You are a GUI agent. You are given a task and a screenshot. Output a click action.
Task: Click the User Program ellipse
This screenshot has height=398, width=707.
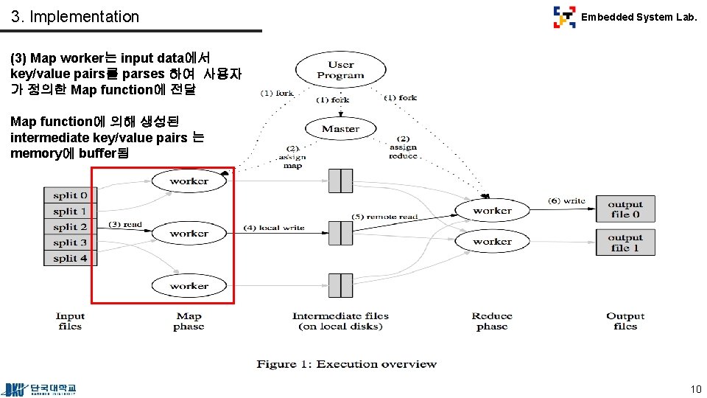[x=340, y=70]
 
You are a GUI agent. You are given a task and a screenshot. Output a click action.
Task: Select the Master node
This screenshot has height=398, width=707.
[x=340, y=129]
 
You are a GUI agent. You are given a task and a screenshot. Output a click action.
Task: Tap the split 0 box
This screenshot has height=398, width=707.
[x=70, y=195]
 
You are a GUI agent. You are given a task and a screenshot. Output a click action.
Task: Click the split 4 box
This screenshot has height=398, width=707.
[x=70, y=258]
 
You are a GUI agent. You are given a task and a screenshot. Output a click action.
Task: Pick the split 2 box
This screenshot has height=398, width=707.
[x=70, y=227]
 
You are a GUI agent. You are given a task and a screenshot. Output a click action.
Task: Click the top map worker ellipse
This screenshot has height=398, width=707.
[x=189, y=181]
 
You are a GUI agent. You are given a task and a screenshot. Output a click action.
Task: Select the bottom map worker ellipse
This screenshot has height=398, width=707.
[x=189, y=286]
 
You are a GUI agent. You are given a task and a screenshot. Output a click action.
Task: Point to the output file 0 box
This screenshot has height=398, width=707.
[x=625, y=209]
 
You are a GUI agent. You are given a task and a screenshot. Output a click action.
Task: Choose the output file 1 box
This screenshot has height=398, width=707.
[x=625, y=242]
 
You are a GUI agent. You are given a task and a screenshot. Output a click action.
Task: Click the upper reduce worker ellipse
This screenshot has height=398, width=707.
[x=492, y=211]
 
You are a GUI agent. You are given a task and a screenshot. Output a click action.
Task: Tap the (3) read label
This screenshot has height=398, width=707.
[x=125, y=224]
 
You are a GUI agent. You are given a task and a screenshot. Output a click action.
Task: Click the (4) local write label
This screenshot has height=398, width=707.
[x=273, y=228]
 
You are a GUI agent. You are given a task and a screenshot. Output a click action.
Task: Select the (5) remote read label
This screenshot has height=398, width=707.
[x=384, y=217]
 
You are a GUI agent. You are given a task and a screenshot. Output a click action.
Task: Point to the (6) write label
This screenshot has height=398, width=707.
[x=566, y=200]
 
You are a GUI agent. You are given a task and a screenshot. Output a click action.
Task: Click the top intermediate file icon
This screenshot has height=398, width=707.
[x=340, y=181]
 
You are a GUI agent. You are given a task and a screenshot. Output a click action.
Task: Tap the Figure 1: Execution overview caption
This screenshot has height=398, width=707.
[x=346, y=364]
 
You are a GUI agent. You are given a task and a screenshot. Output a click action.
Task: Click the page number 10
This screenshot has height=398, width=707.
[x=695, y=388]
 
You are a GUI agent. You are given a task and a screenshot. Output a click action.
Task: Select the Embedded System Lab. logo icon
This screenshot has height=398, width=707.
[x=565, y=17]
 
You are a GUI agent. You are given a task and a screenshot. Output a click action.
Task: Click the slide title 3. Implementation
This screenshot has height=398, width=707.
[x=75, y=16]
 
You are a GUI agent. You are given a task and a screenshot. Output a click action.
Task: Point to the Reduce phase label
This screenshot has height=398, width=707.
[x=492, y=321]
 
